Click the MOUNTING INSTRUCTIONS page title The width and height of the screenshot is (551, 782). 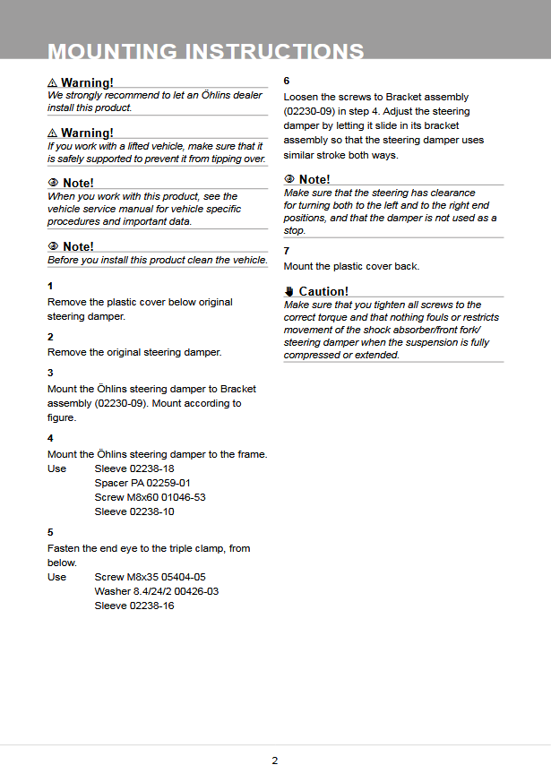click(x=206, y=52)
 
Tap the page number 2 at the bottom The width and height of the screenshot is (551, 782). click(x=275, y=761)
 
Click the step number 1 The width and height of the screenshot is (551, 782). click(x=50, y=286)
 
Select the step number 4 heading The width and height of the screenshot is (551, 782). click(x=50, y=438)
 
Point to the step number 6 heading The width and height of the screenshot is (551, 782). click(x=287, y=80)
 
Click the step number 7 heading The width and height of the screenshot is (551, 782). click(x=287, y=251)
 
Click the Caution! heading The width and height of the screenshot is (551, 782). click(x=323, y=291)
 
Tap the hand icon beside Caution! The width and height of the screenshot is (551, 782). click(x=289, y=291)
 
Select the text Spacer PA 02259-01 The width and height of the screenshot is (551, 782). click(x=142, y=483)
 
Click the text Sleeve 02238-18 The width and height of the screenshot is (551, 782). click(x=134, y=468)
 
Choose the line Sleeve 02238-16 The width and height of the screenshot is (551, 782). click(x=134, y=606)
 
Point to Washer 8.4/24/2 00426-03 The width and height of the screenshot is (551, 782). click(x=157, y=591)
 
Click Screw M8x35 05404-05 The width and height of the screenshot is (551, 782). click(x=150, y=577)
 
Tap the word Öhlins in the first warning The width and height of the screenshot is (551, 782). click(x=213, y=95)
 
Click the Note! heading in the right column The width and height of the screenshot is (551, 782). click(x=314, y=180)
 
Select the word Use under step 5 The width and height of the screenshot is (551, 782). click(x=56, y=577)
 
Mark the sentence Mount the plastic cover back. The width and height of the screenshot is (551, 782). click(x=351, y=266)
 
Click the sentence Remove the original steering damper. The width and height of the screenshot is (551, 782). click(x=134, y=352)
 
